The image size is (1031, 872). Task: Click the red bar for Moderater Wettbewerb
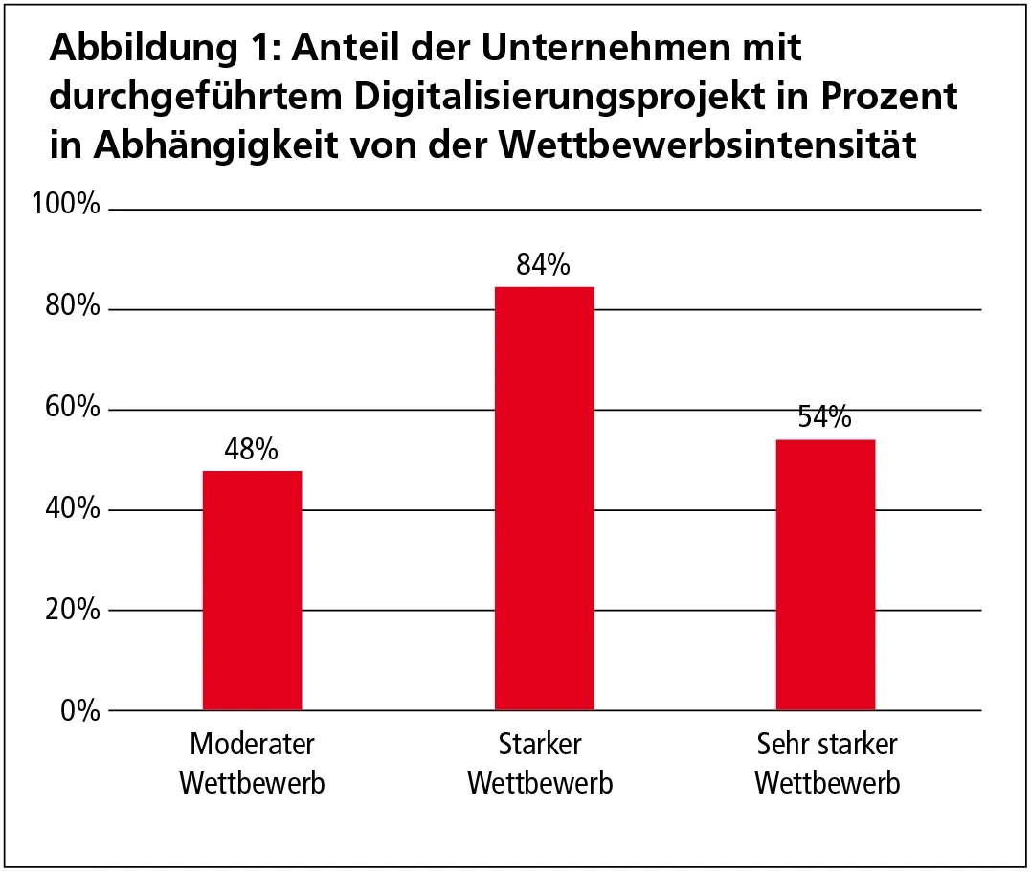252,591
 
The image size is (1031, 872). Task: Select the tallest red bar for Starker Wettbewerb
544,499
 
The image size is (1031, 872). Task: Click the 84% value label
544,265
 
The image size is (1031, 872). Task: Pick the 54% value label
825,418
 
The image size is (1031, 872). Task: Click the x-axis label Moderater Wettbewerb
252,764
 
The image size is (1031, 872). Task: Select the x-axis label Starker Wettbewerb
540,764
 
